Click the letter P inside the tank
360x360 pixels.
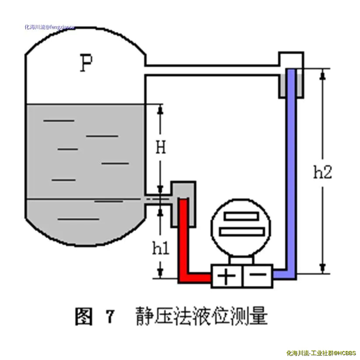[x=87, y=64]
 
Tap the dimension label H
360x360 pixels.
[x=161, y=148]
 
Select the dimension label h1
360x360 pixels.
[x=161, y=249]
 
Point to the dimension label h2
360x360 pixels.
[x=323, y=172]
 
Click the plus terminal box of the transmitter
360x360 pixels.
[x=226, y=277]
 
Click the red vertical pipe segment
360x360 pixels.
[x=182, y=236]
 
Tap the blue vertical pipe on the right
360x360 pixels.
[x=291, y=175]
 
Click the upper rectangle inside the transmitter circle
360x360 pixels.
[x=241, y=216]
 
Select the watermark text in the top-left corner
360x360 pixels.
[x=49, y=27]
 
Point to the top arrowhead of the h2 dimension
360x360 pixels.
[x=323, y=74]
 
